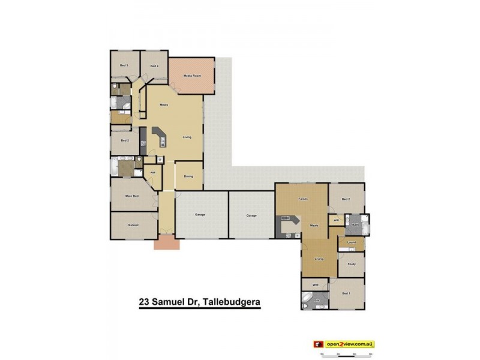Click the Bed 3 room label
coord(124,65)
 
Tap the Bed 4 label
coord(154,66)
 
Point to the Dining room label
coord(188,176)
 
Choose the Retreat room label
coord(133,225)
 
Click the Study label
coord(352,264)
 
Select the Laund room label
coord(352,242)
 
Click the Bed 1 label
coord(346,293)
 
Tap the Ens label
coord(316,299)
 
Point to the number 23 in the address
coord(144,303)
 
